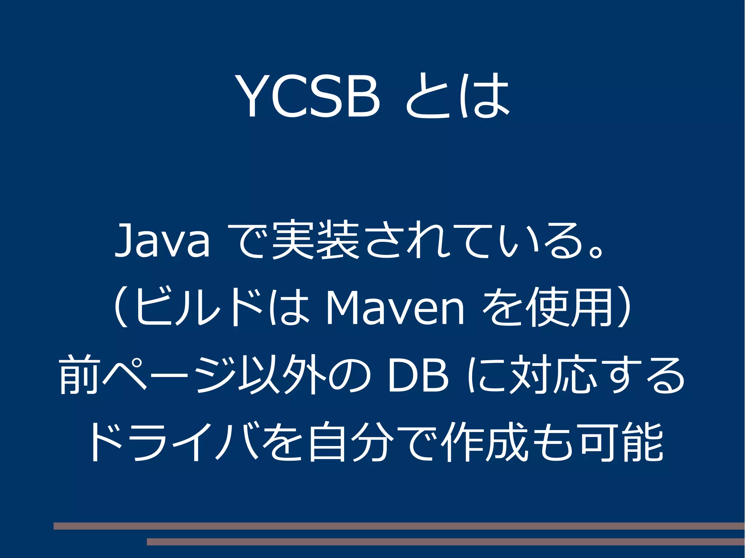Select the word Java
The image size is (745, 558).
162,241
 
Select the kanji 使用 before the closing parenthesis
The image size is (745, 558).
570,307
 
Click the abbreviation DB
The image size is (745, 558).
418,375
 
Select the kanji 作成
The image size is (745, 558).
484,442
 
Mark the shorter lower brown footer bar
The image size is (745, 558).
446,542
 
